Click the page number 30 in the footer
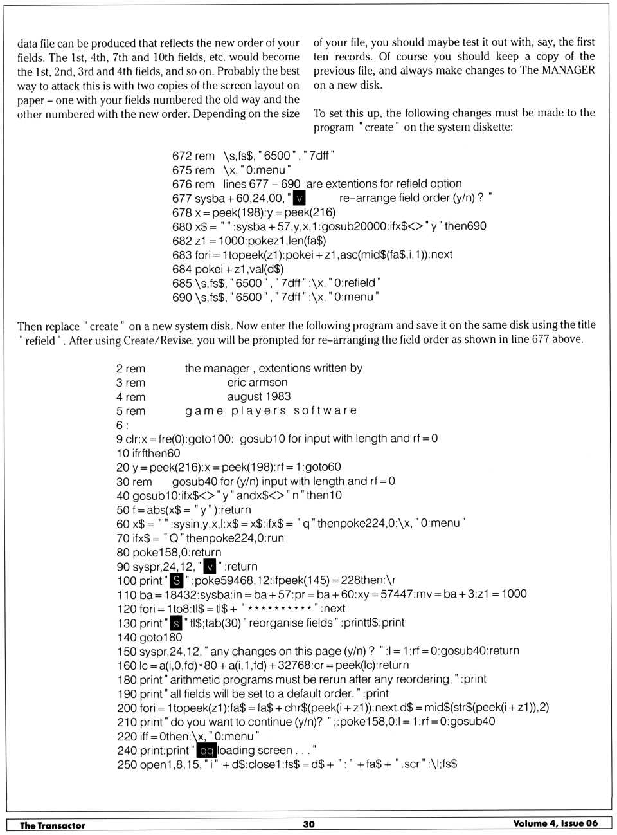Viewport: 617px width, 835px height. [309, 824]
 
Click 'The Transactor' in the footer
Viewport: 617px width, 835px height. [52, 825]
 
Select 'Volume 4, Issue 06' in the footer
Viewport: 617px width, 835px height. [555, 823]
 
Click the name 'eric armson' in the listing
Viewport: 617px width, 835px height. [257, 382]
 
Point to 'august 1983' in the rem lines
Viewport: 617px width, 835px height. [258, 396]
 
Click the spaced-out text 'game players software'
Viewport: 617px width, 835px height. [271, 410]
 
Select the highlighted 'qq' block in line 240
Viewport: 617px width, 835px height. [206, 750]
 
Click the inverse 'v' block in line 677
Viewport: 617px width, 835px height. [299, 198]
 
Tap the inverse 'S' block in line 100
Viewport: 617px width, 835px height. [176, 580]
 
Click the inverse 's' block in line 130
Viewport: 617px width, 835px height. [176, 623]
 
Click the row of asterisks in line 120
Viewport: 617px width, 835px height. [279, 609]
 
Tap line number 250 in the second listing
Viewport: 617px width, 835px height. [127, 764]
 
